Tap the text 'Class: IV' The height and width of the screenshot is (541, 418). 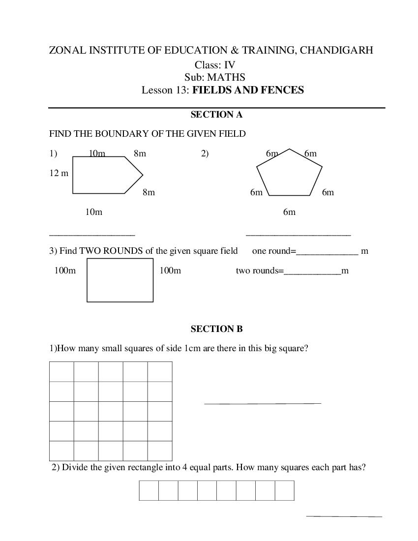click(x=215, y=64)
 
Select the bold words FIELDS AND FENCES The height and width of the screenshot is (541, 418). click(x=248, y=90)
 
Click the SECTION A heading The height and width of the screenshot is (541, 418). click(x=216, y=115)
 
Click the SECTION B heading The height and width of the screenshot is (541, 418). click(x=216, y=329)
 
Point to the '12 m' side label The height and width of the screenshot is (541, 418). click(x=59, y=173)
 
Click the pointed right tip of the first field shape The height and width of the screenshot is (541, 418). click(x=143, y=175)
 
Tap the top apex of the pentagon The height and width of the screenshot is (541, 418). click(x=289, y=149)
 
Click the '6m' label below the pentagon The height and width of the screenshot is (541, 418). click(x=289, y=212)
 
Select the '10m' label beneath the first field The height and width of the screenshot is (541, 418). click(x=93, y=212)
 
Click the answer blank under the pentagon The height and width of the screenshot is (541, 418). click(x=298, y=235)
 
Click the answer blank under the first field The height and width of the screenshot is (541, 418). click(x=92, y=235)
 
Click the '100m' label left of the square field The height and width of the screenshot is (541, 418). click(x=65, y=270)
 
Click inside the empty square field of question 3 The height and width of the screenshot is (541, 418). click(x=120, y=280)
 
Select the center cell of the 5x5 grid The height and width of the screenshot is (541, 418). click(x=111, y=411)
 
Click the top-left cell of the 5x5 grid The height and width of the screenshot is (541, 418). click(x=61, y=371)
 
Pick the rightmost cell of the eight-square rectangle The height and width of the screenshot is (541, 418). click(x=284, y=490)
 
